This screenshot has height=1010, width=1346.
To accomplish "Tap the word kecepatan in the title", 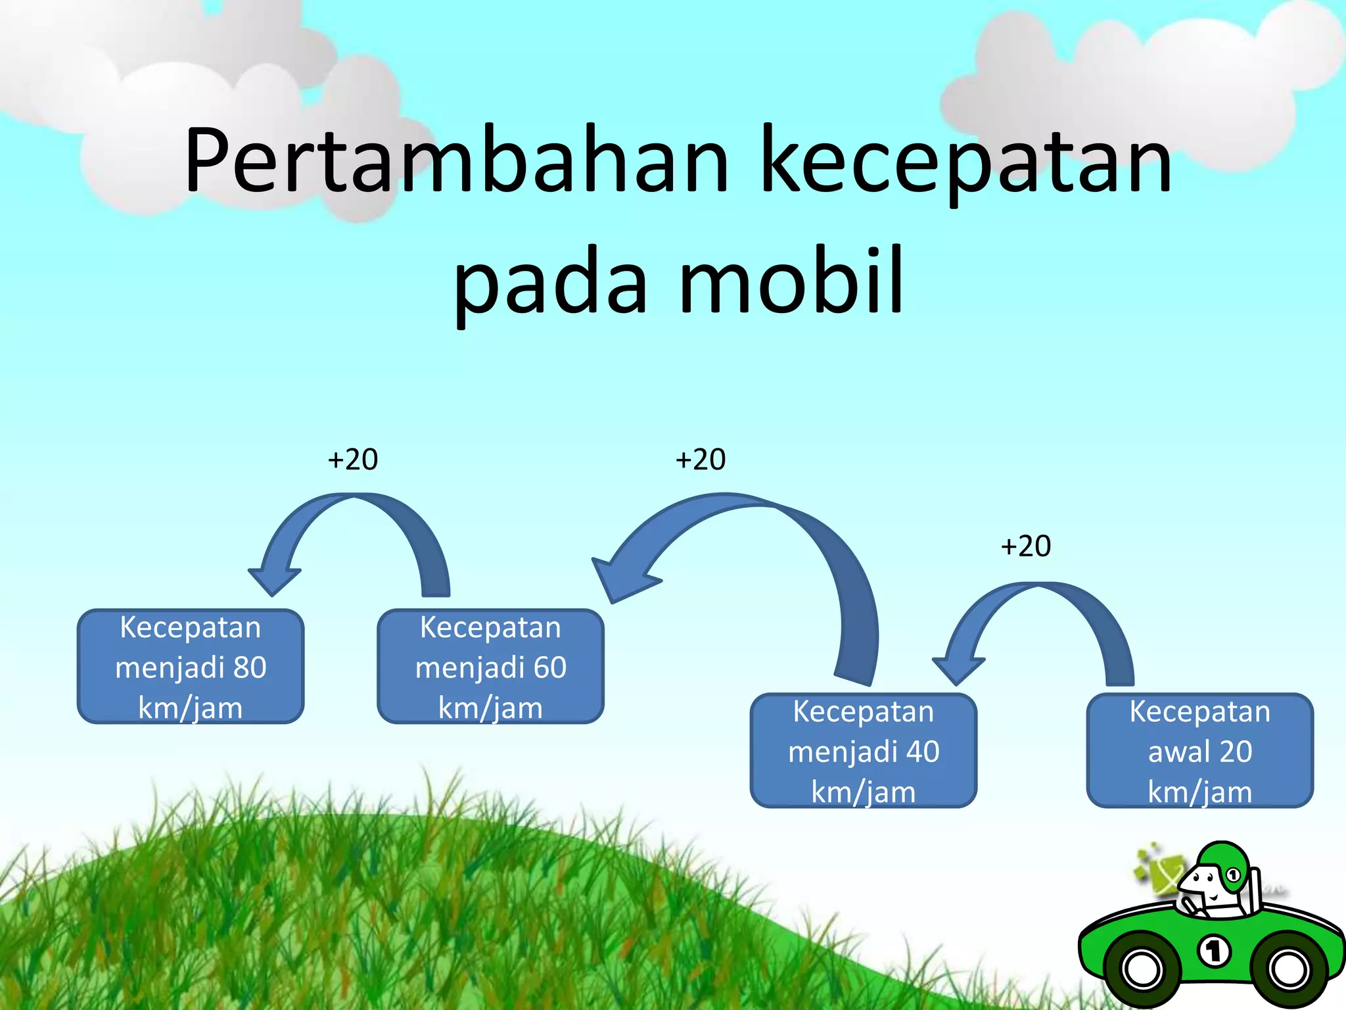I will point(966,161).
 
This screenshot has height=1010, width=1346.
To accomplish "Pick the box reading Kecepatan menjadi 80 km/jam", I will point(191,667).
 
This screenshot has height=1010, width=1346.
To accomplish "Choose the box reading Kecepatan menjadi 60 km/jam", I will point(490,667).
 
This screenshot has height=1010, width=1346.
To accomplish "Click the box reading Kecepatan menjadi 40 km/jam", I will point(864,751).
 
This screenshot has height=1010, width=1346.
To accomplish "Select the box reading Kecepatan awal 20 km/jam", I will point(1199,751).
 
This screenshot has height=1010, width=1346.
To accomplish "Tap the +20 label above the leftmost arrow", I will point(353,460).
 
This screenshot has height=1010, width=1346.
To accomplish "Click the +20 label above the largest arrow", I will point(701,460).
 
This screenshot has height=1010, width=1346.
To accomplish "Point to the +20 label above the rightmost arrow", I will point(1026,546).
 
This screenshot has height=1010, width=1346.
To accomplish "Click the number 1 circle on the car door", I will point(1215,951).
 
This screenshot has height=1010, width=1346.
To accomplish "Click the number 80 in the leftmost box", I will point(250,667).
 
